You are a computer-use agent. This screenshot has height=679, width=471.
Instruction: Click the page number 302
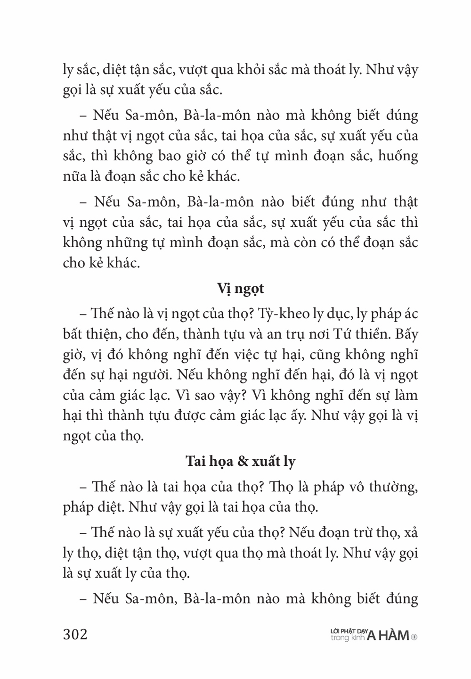tap(75, 634)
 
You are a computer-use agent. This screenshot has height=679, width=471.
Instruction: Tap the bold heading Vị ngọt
tap(241, 288)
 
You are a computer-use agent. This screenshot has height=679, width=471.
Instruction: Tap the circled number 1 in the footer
tap(414, 637)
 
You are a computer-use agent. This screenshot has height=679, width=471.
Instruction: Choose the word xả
tap(410, 533)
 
